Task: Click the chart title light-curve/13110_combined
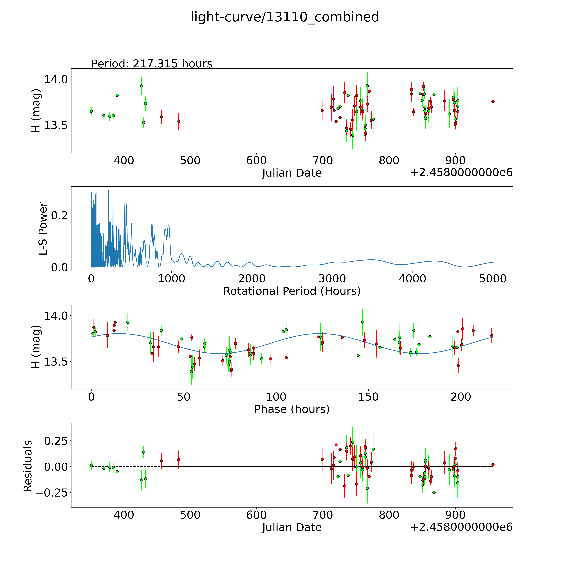[x=285, y=17]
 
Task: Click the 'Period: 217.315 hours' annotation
[x=152, y=64]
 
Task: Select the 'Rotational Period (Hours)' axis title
[x=292, y=291]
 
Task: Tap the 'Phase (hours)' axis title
[x=292, y=409]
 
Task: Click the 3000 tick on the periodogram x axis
[x=332, y=279]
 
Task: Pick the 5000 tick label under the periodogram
[x=493, y=279]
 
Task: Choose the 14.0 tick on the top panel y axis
[x=56, y=79]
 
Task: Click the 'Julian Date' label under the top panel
[x=292, y=173]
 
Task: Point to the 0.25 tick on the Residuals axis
[x=56, y=441]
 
